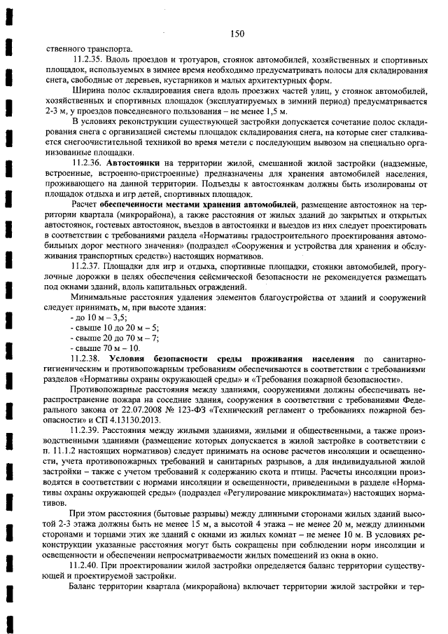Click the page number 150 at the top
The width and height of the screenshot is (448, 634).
click(x=236, y=34)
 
